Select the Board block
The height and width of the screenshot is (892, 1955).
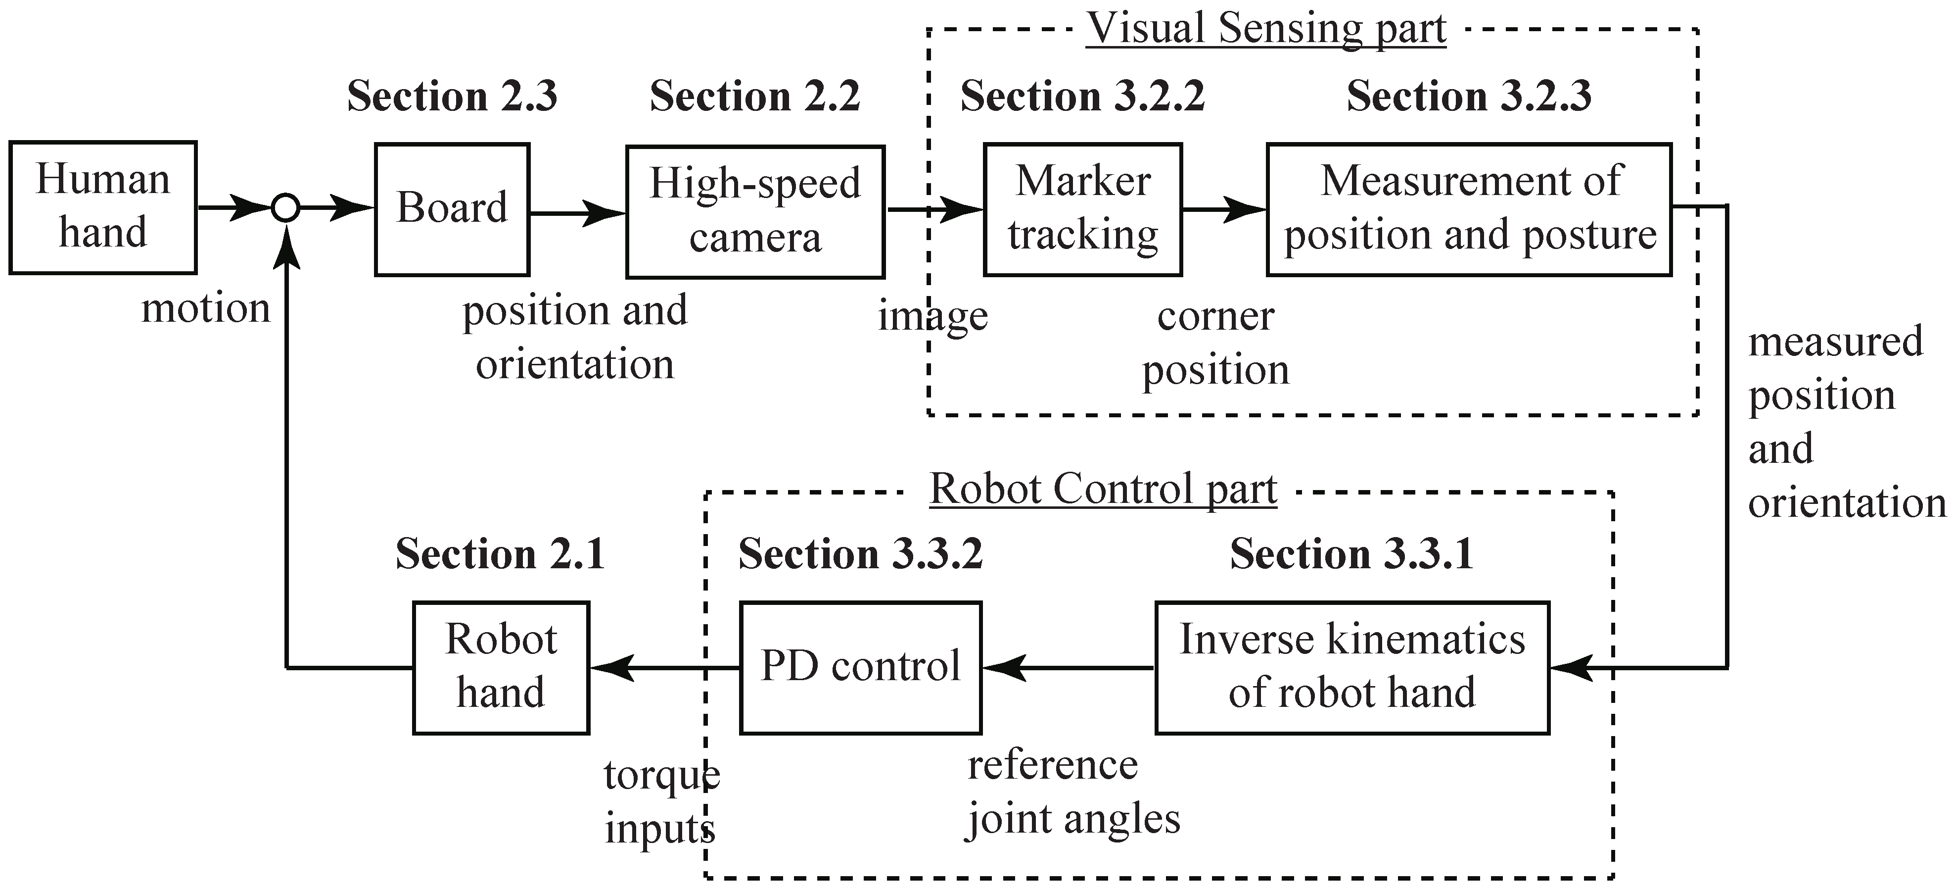pyautogui.click(x=452, y=209)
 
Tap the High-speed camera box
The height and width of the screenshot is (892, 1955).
pyautogui.click(x=755, y=212)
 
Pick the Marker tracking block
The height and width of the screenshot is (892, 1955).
pyautogui.click(x=1082, y=209)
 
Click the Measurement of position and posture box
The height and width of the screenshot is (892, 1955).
pyautogui.click(x=1469, y=209)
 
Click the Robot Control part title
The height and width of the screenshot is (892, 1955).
pyautogui.click(x=1104, y=489)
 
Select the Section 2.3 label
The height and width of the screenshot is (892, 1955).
pyautogui.click(x=452, y=97)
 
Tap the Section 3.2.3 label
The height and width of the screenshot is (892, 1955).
pyautogui.click(x=1469, y=97)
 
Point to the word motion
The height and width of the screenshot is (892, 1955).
pyautogui.click(x=206, y=308)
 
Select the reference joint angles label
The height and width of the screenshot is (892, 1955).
pyautogui.click(x=1073, y=792)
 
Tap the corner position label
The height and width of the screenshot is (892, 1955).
pyautogui.click(x=1216, y=343)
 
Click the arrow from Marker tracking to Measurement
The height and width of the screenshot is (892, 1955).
pyautogui.click(x=1223, y=209)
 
